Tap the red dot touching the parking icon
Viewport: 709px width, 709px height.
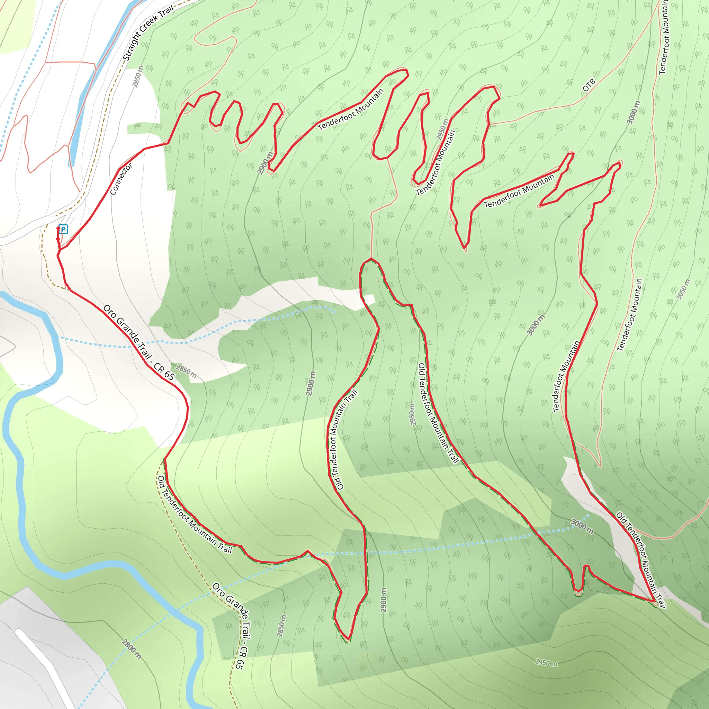pos(58,228)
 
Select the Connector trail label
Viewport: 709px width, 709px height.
pos(121,179)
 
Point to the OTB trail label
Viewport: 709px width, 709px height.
pos(589,86)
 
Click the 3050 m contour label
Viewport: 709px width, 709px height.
pos(683,289)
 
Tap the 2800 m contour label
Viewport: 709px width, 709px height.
pos(131,649)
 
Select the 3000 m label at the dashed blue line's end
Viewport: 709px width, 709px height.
pos(582,527)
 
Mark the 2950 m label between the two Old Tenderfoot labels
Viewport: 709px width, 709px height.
pos(412,414)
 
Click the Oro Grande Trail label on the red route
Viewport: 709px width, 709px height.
pos(139,342)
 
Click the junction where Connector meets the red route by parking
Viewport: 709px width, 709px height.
pos(60,250)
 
